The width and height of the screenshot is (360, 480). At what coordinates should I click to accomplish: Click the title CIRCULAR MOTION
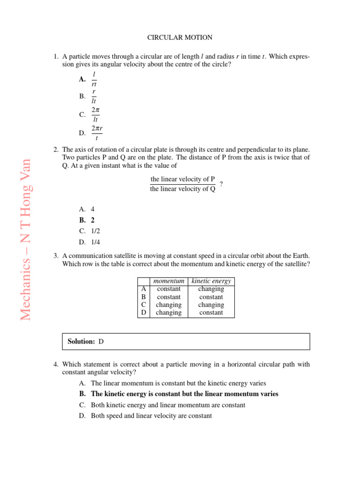click(180, 37)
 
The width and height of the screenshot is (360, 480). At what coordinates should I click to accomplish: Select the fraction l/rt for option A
click(94, 79)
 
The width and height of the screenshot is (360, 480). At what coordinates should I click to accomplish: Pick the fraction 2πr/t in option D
click(97, 133)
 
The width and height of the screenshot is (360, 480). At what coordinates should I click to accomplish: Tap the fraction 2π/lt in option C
click(95, 114)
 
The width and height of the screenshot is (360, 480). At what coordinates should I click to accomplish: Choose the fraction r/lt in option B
click(94, 96)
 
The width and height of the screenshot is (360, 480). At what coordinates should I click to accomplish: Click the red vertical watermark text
click(26, 240)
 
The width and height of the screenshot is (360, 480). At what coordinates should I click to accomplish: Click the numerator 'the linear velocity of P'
click(183, 180)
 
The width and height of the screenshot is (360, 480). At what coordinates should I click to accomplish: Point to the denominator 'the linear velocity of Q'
click(183, 189)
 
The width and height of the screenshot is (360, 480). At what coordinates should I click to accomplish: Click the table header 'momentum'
click(169, 281)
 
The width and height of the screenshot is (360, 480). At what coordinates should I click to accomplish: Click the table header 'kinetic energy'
click(211, 281)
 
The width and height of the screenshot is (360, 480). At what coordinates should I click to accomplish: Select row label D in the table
click(143, 313)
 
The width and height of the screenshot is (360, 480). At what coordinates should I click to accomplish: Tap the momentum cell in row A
click(169, 289)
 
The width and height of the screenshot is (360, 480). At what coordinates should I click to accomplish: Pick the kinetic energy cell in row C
click(211, 305)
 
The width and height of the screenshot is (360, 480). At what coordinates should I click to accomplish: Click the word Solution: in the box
click(82, 342)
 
